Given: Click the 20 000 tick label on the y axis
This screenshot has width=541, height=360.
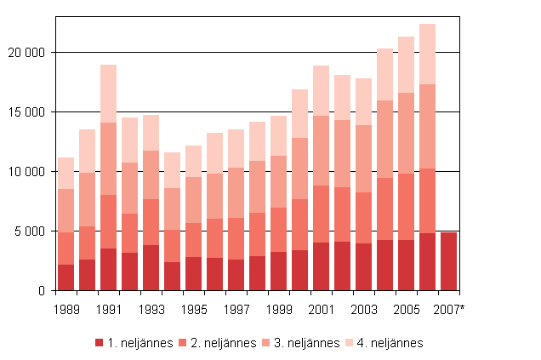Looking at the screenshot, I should click(x=27, y=53).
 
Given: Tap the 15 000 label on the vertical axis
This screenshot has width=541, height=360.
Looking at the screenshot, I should click(x=27, y=112).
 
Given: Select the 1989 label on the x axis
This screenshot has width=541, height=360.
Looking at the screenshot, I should click(x=65, y=308).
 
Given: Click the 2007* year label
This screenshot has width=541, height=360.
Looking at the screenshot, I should click(x=449, y=308).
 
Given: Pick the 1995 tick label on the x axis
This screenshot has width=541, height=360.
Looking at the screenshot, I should click(x=193, y=308).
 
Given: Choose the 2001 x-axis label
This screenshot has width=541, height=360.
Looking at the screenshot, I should click(x=321, y=308).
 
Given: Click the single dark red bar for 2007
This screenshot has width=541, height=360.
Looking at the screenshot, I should click(x=448, y=261).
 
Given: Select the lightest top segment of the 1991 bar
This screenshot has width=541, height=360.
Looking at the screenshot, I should click(x=108, y=94).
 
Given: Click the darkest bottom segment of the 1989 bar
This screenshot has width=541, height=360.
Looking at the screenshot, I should click(x=65, y=277).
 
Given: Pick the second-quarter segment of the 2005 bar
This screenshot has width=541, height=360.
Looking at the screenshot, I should click(x=406, y=207).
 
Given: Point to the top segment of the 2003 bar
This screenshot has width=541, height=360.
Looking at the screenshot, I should click(x=363, y=101).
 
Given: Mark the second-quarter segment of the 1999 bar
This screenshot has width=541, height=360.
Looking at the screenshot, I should click(x=278, y=230).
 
